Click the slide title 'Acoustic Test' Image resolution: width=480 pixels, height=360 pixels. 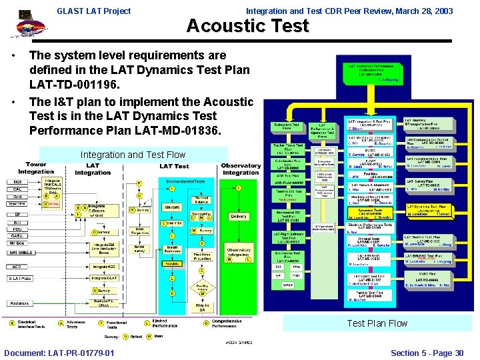click(247, 26)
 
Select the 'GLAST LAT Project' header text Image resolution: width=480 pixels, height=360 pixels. click(94, 11)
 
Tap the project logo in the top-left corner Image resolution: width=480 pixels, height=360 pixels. click(25, 25)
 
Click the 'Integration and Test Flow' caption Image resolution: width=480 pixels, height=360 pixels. click(133, 155)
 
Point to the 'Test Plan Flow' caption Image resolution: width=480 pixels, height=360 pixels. click(377, 323)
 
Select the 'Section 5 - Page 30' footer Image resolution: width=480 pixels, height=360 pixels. click(427, 353)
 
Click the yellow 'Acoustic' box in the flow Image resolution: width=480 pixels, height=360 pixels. click(172, 264)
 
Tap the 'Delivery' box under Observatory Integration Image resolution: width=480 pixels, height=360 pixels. click(238, 217)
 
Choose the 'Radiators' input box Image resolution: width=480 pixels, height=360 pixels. click(19, 303)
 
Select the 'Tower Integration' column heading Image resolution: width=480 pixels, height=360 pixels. click(37, 168)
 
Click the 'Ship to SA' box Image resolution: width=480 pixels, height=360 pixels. click(202, 306)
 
